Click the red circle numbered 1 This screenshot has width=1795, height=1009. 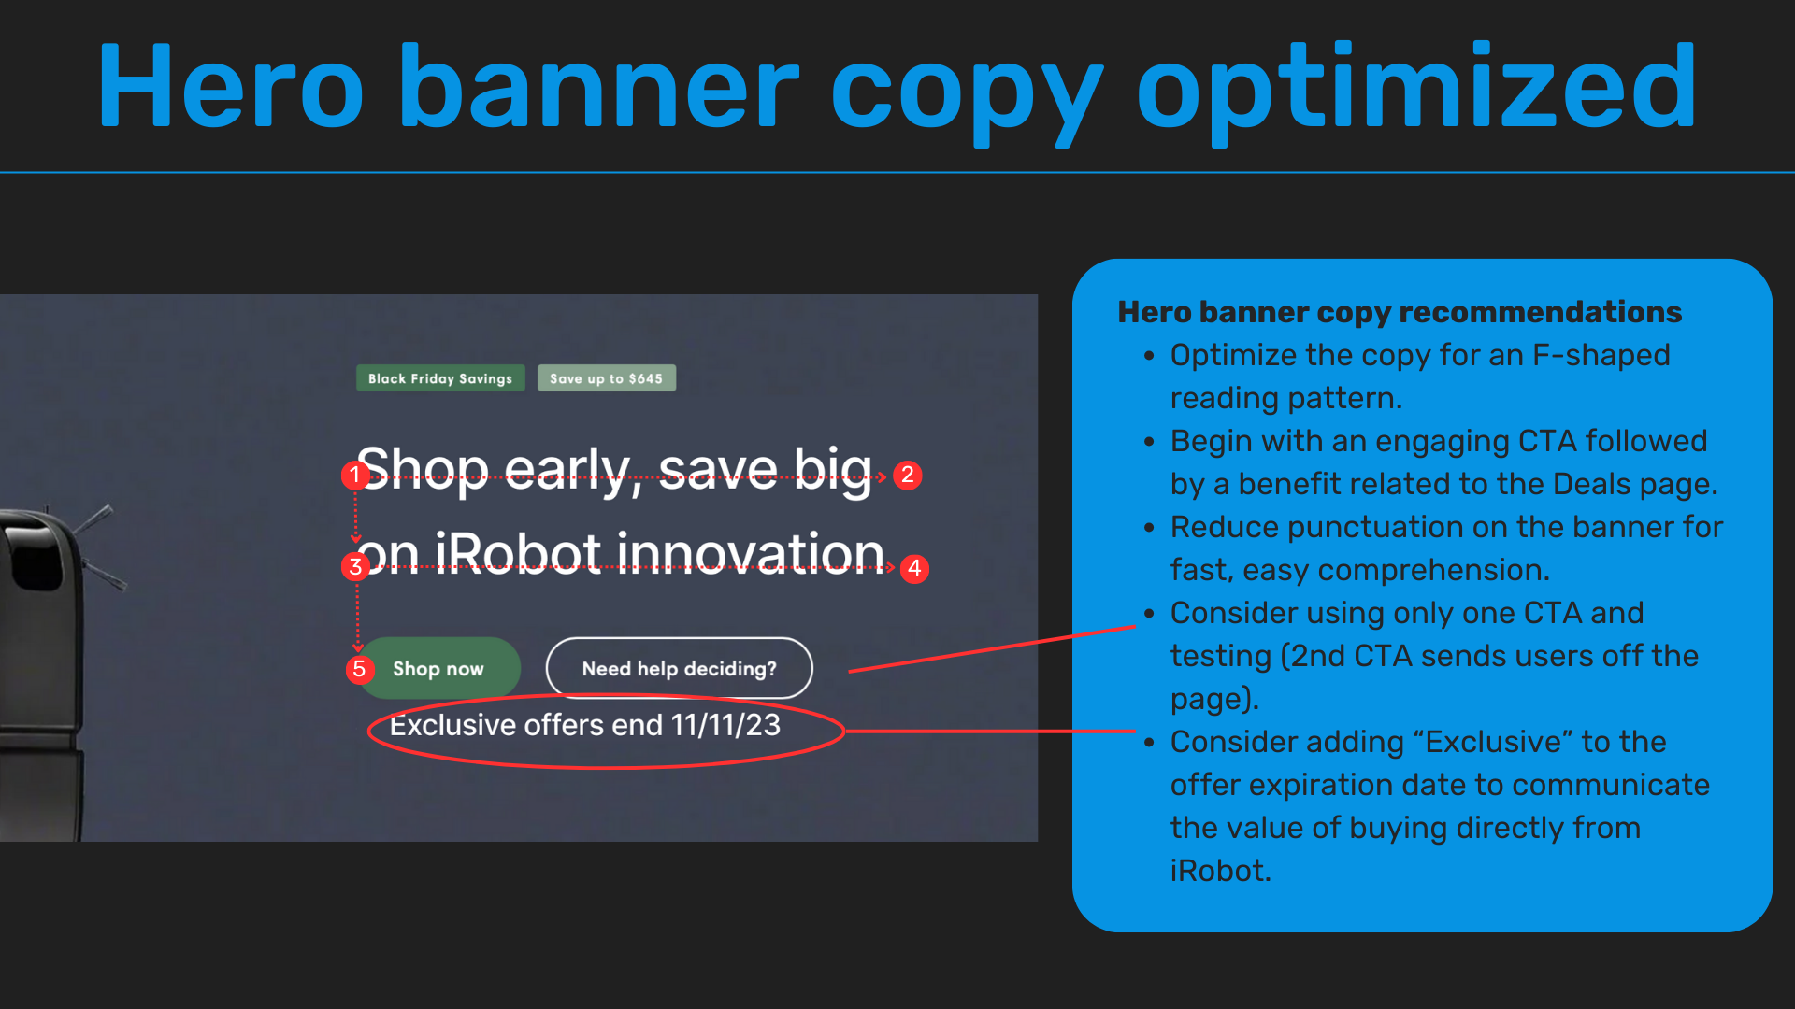tap(354, 476)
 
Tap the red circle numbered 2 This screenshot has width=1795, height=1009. tap(907, 476)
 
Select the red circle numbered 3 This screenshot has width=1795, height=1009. tap(355, 566)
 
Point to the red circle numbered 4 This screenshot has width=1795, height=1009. tap(914, 568)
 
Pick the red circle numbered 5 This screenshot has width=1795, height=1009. tap(359, 669)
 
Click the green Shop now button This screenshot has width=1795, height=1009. tap(438, 668)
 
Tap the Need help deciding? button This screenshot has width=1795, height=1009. tap(680, 668)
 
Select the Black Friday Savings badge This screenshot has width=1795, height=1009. tap(440, 378)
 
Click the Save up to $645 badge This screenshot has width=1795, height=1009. tap(607, 378)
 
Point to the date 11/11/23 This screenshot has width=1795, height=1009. tap(725, 725)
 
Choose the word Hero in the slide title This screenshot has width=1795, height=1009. tap(231, 87)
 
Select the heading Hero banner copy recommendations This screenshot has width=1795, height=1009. tap(1400, 312)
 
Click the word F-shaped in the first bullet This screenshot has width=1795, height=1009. tap(1601, 356)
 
